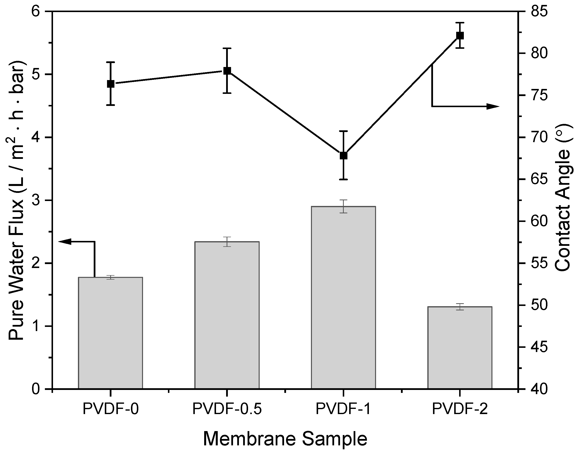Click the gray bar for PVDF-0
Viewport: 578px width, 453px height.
[110, 333]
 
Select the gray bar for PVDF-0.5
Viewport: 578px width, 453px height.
[227, 315]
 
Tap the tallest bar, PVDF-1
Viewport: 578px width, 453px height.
[343, 297]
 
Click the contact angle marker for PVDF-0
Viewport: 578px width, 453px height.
[110, 84]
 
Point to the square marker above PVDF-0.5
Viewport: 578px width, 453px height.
[227, 71]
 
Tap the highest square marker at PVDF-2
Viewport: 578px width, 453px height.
[460, 35]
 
